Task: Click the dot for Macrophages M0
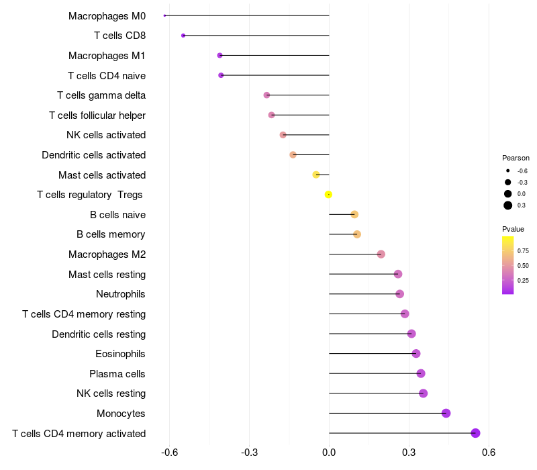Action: click(164, 15)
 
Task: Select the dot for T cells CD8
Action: click(183, 36)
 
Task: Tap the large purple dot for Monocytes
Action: click(446, 413)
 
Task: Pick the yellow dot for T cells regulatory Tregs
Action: click(328, 195)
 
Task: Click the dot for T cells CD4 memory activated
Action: click(476, 433)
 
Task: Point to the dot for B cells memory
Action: click(357, 234)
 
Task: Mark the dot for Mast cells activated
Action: click(316, 175)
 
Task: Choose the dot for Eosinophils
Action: click(416, 354)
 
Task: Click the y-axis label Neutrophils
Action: click(121, 294)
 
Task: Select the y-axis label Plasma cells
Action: click(117, 373)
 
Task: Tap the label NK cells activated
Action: click(106, 135)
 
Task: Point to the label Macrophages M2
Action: click(107, 254)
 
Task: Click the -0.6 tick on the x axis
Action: click(170, 453)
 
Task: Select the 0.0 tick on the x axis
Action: click(329, 453)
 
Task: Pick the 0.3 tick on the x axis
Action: click(409, 453)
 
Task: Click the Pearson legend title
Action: click(516, 158)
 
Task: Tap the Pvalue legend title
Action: click(513, 229)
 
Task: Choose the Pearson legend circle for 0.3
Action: click(508, 205)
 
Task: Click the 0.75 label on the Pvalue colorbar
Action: click(523, 251)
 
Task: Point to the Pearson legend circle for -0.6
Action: click(508, 171)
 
